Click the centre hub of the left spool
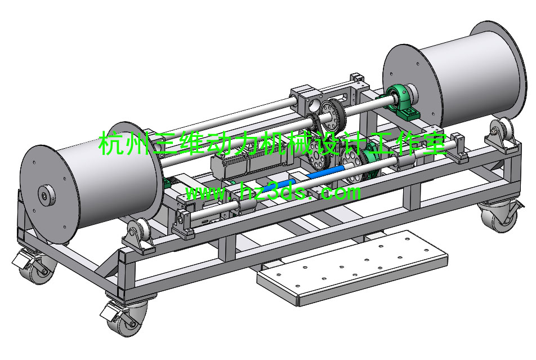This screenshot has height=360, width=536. click(46, 196)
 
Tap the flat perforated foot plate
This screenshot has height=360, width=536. click(352, 268)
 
